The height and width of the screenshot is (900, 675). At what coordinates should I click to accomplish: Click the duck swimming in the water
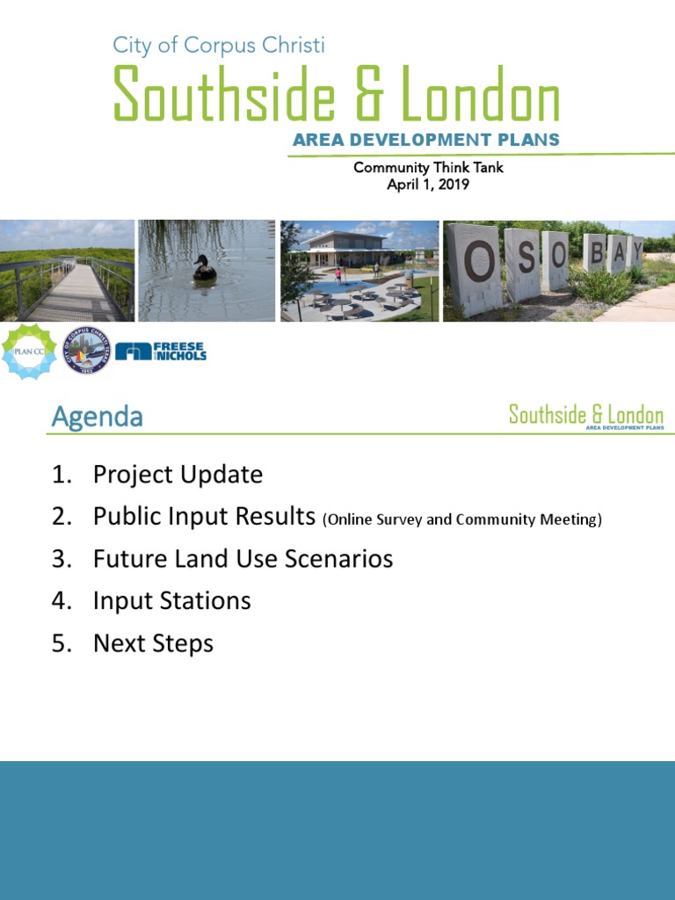[x=205, y=269]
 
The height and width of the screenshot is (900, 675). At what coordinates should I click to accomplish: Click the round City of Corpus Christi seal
[x=86, y=351]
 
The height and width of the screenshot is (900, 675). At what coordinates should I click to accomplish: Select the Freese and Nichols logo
[x=161, y=352]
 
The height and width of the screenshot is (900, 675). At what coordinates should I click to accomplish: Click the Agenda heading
[x=97, y=417]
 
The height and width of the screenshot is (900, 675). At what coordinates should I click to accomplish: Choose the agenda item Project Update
[x=178, y=475]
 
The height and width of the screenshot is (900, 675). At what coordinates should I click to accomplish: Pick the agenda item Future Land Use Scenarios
[x=243, y=559]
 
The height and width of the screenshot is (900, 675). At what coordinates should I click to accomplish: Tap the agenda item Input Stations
[x=171, y=601]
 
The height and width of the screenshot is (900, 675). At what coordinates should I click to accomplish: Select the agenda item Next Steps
[x=153, y=643]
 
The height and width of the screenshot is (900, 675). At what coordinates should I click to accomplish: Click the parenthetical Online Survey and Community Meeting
[x=462, y=519]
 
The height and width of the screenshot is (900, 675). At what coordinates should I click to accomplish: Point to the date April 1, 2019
[x=428, y=185]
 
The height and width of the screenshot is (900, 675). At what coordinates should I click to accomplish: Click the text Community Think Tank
[x=428, y=167]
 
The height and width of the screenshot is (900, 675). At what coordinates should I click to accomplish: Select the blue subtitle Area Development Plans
[x=426, y=141]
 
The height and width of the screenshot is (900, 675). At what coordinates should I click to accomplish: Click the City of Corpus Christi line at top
[x=219, y=45]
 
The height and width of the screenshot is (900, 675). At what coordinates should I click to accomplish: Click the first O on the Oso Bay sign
[x=479, y=263]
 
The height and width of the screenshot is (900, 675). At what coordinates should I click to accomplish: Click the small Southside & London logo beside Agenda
[x=586, y=416]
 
